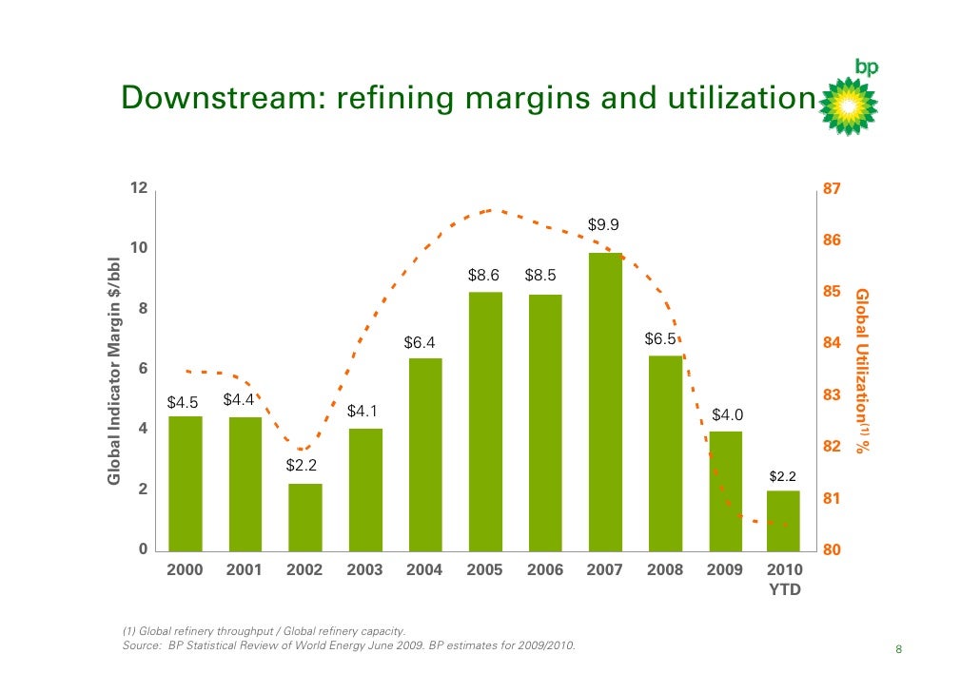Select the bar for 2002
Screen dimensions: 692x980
pos(305,516)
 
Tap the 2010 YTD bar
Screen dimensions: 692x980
pos(784,520)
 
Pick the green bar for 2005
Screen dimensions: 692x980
pos(485,421)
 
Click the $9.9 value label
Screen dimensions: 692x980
pos(604,225)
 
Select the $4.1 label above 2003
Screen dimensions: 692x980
pos(363,412)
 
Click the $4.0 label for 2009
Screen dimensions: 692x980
pos(728,414)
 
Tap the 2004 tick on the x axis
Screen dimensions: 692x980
pos(425,570)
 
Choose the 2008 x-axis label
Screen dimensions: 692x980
pos(665,570)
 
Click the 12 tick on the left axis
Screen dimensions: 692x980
pos(139,188)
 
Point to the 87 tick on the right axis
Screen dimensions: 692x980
pos(832,189)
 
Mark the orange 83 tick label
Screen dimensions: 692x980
pos(832,394)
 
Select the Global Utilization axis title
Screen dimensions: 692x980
pos(863,370)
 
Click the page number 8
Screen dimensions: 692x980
pos(898,650)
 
